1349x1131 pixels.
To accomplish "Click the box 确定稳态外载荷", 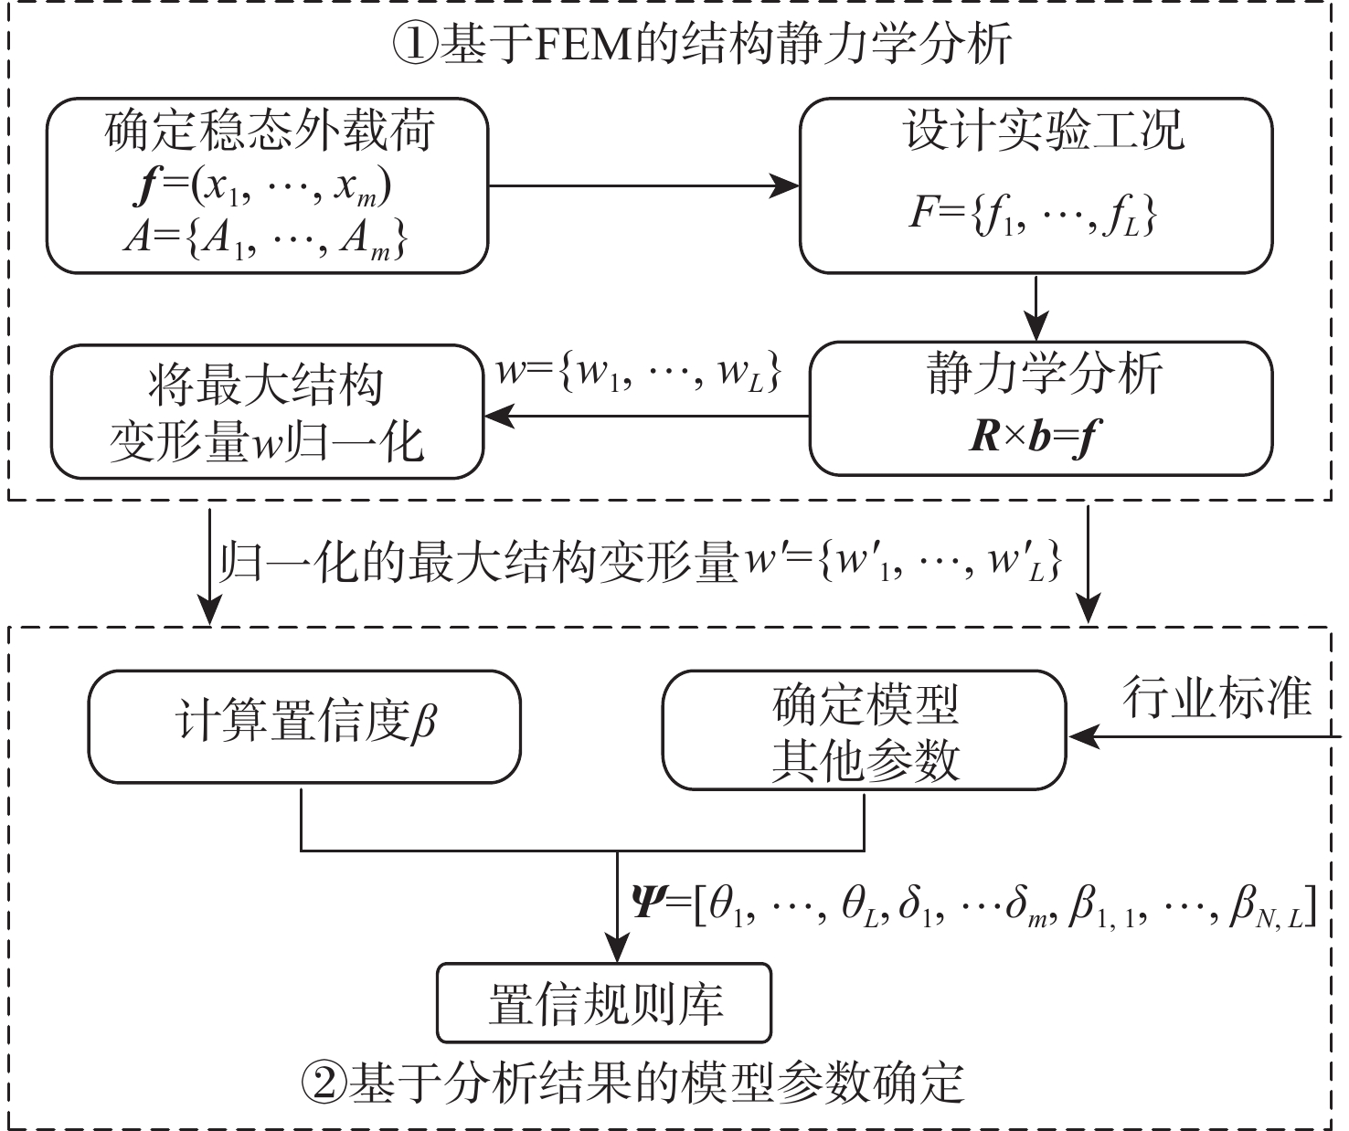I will (x=267, y=185).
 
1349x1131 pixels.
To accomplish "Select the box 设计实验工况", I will (x=1036, y=185).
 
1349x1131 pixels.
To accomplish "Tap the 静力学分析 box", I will (x=1040, y=408).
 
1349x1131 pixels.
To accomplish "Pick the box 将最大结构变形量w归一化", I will (x=266, y=411).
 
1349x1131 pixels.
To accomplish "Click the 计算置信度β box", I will (x=304, y=726).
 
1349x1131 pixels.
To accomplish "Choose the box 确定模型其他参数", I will (x=864, y=731).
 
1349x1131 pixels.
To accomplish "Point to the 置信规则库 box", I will (x=604, y=1003).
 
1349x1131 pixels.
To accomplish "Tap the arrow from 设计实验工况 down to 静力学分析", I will (x=1035, y=307).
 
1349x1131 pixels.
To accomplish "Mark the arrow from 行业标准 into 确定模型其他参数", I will (x=1197, y=733).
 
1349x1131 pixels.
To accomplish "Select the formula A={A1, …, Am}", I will (x=265, y=241).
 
